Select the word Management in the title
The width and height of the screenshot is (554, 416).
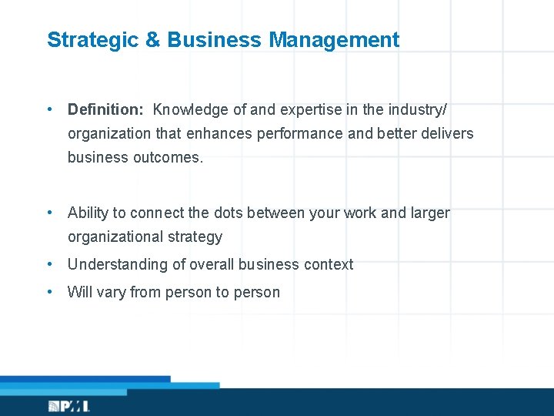pyautogui.click(x=334, y=40)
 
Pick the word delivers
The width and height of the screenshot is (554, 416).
pyautogui.click(x=447, y=133)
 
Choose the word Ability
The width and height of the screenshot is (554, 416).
pyautogui.click(x=88, y=213)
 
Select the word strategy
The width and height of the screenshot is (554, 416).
pyautogui.click(x=195, y=237)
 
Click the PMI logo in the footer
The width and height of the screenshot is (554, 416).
pyautogui.click(x=69, y=406)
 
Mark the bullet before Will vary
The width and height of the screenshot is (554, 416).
pyautogui.click(x=50, y=292)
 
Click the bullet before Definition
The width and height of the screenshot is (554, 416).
pyautogui.click(x=50, y=109)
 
